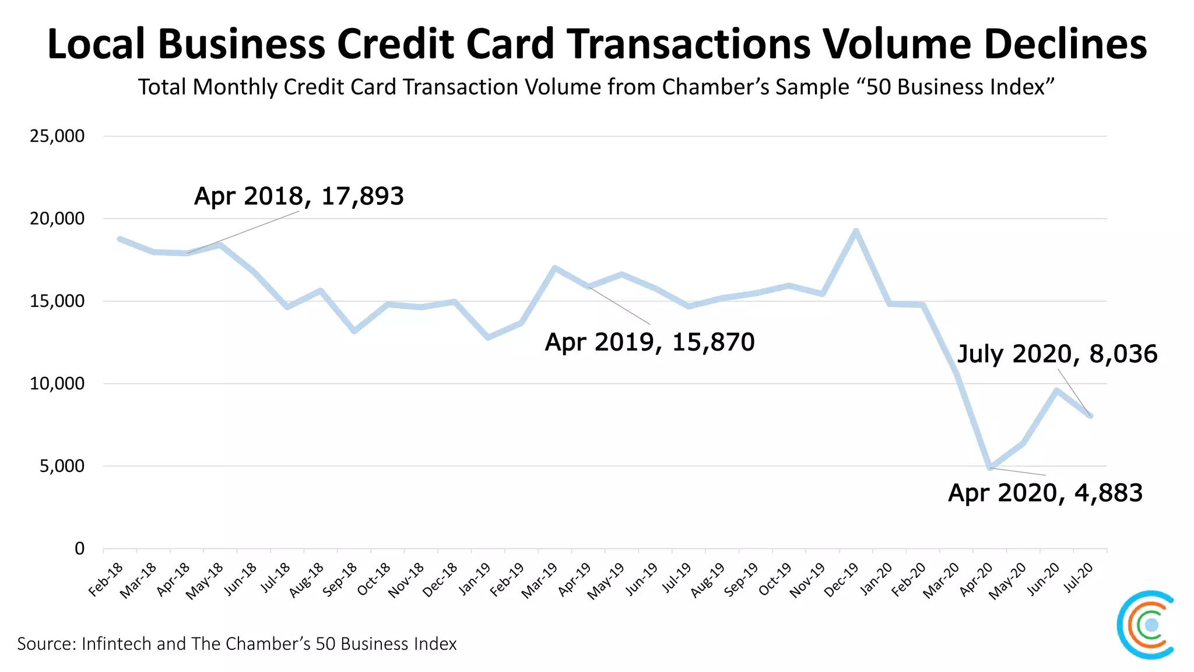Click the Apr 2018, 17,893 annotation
pyautogui.click(x=298, y=196)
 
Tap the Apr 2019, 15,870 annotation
pyautogui.click(x=649, y=342)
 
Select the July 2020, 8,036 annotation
pyautogui.click(x=1057, y=354)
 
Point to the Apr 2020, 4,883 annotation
pyautogui.click(x=1045, y=493)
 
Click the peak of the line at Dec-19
pyautogui.click(x=855, y=231)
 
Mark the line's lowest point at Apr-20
pyautogui.click(x=989, y=468)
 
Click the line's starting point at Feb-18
pyautogui.click(x=120, y=239)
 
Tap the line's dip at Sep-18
pyautogui.click(x=354, y=331)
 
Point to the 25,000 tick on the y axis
pyautogui.click(x=57, y=136)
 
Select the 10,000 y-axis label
pyautogui.click(x=57, y=384)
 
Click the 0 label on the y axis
pyautogui.click(x=79, y=549)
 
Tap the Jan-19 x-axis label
pyautogui.click(x=474, y=579)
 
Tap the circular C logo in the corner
pyautogui.click(x=1146, y=625)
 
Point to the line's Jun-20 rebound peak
pyautogui.click(x=1056, y=390)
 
